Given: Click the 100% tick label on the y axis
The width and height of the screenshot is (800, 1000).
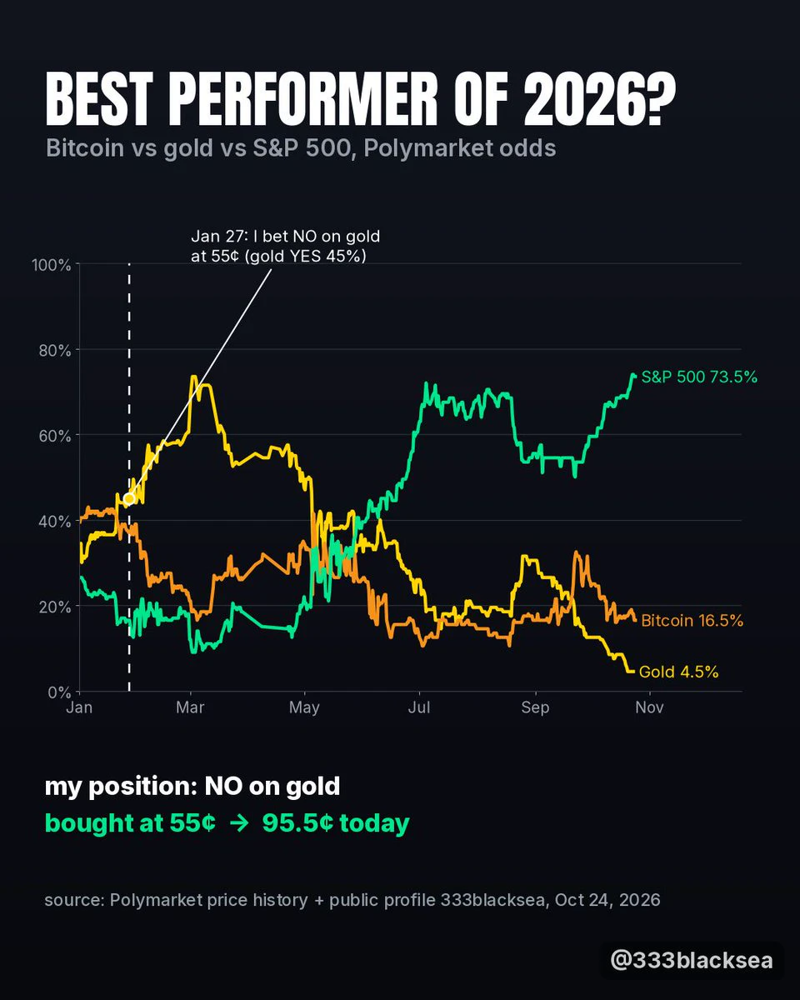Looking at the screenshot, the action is point(51,265).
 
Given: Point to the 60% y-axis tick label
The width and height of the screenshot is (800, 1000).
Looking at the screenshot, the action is point(55,436).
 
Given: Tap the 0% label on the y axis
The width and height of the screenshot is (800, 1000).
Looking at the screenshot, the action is point(59,692).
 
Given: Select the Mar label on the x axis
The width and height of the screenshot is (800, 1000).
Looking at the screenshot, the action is point(190,707).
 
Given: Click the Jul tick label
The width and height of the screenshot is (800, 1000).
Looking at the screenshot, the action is point(419,707).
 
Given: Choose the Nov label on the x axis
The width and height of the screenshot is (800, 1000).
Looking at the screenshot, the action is point(649,707).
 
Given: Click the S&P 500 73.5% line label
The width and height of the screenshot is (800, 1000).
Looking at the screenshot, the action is point(699,377).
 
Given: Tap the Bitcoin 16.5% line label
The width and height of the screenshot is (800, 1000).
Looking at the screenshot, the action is point(692,620).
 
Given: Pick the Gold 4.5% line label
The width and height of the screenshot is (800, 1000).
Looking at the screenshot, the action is point(678,672).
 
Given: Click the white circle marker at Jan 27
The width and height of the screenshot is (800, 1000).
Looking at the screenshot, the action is point(129,499).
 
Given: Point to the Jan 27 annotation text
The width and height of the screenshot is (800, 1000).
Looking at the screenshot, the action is point(285,246).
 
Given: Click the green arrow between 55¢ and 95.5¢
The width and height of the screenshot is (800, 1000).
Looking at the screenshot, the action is point(239,823).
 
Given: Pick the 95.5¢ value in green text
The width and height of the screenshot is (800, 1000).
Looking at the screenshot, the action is point(298,823).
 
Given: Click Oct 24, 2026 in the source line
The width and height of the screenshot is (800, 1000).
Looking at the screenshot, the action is point(607,900).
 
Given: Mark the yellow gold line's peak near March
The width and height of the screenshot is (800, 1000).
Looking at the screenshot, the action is point(193,376).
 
